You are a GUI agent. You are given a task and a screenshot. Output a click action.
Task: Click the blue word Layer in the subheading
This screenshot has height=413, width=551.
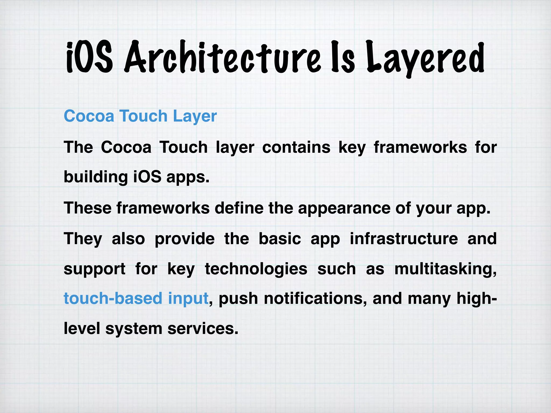(x=195, y=116)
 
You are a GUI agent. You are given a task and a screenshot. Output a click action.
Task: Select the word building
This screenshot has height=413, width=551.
(x=96, y=177)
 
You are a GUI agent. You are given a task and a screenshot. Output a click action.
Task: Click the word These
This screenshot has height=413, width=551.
(x=87, y=208)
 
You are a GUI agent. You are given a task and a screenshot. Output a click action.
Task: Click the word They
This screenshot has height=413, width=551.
(x=83, y=239)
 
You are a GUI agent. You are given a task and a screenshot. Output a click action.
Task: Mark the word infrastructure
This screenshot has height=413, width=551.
(x=404, y=239)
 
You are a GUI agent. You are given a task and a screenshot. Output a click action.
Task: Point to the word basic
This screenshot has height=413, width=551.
(x=280, y=239)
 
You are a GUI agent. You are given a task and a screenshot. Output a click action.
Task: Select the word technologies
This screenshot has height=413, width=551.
(x=256, y=269)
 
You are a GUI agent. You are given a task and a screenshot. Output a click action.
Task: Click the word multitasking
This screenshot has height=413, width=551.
(x=445, y=269)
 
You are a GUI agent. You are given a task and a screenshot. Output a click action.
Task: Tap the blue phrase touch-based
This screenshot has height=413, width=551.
(x=113, y=298)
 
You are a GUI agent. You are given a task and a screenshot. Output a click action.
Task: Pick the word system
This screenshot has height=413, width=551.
(x=134, y=329)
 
